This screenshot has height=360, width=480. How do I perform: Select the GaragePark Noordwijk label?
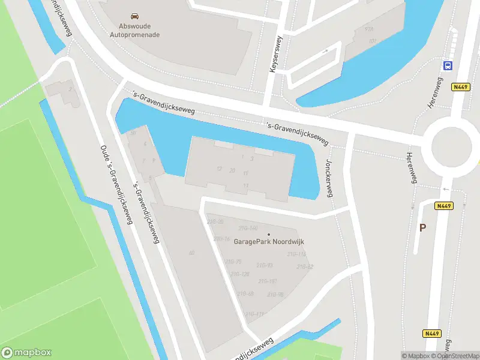(269, 242)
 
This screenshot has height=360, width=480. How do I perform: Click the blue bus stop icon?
(448, 65)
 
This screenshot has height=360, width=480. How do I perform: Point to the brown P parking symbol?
(422, 227)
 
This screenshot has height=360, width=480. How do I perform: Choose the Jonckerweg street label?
(329, 178)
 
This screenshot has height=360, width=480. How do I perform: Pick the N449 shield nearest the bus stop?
(460, 87)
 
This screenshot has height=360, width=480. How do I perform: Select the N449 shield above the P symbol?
(444, 206)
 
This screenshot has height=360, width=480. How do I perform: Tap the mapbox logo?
(26, 353)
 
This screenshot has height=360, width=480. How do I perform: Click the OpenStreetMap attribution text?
(454, 356)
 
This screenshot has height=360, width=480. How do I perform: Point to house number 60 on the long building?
(191, 253)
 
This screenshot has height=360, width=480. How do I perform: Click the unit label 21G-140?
(248, 229)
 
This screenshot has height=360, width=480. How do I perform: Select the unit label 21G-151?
(268, 281)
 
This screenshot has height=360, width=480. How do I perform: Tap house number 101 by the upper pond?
(372, 41)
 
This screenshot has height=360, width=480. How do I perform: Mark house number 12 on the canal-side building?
(220, 169)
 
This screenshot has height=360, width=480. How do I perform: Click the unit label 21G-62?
(305, 266)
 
